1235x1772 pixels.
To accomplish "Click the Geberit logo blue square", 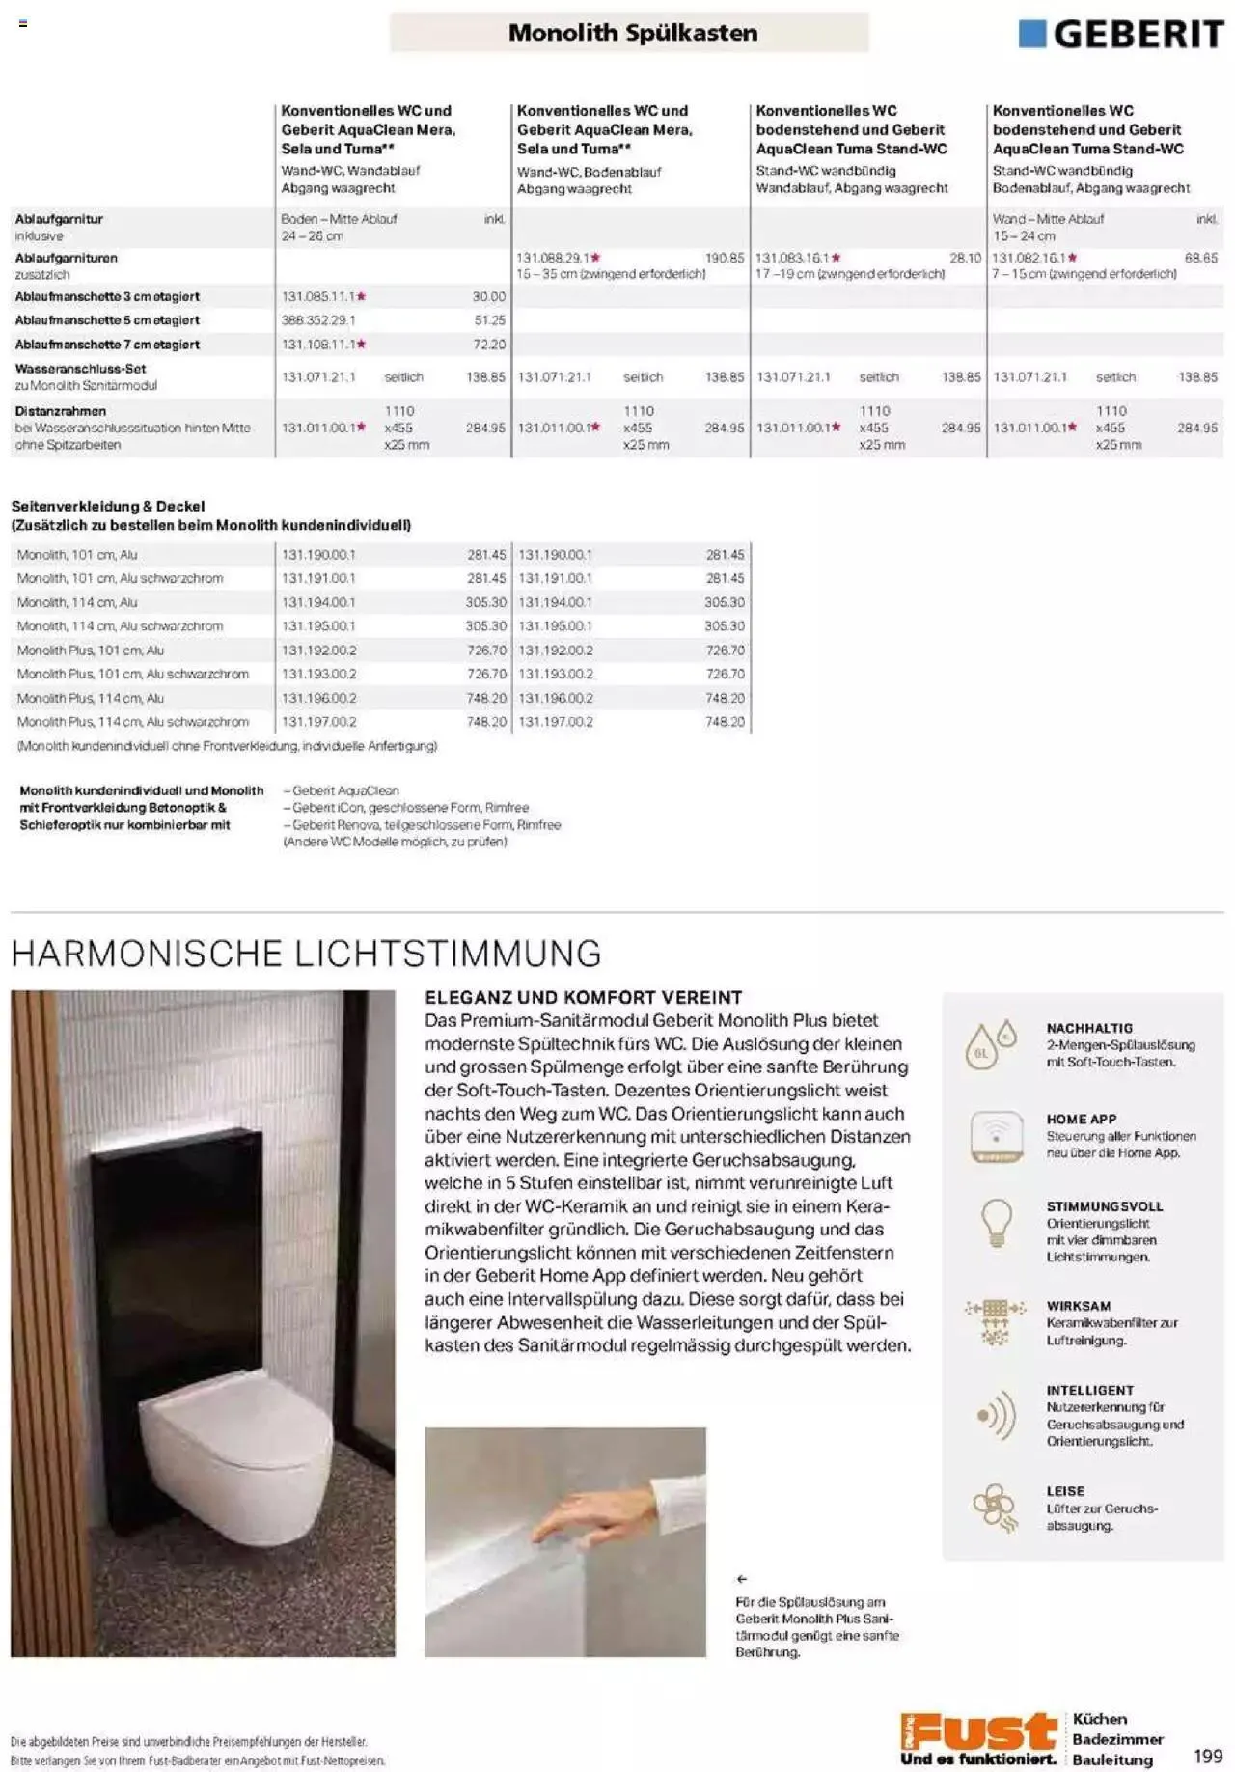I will click(x=1031, y=34).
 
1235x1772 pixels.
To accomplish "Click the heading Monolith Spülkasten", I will click(x=632, y=33).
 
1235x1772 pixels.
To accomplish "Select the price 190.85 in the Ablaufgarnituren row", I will click(x=725, y=258).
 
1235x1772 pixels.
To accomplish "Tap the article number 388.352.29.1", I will click(x=318, y=320).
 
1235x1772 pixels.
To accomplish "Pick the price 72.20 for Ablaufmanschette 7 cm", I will click(x=489, y=345).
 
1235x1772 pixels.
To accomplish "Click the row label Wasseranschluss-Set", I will click(x=80, y=369).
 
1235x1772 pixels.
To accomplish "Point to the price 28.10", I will click(x=965, y=258).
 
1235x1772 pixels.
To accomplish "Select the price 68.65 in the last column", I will click(x=1200, y=258).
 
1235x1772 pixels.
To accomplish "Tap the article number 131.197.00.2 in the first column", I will click(x=318, y=722).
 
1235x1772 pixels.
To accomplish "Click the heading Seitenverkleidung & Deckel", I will click(x=108, y=506).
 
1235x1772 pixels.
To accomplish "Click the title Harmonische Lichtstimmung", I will click(x=306, y=954).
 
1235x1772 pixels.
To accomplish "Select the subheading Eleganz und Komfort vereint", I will click(x=583, y=997).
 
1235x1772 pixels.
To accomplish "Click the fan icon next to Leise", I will click(x=995, y=1507).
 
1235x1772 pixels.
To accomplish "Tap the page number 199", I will click(x=1207, y=1756).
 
